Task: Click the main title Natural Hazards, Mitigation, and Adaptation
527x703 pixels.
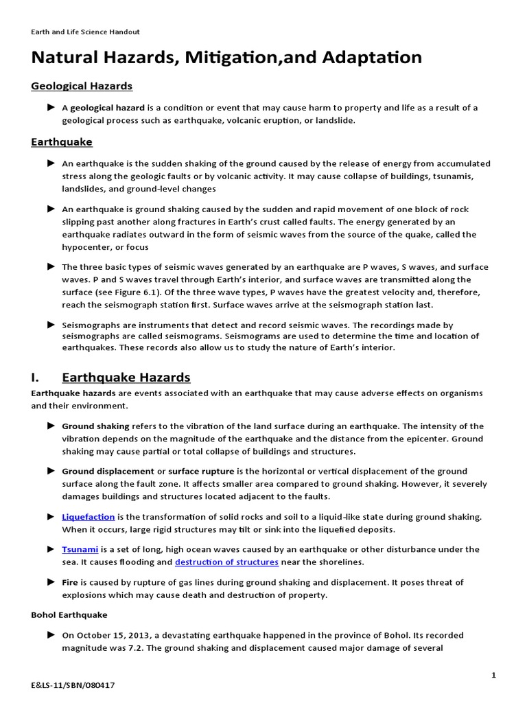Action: pos(226,58)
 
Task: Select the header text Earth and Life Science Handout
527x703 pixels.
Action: pos(85,32)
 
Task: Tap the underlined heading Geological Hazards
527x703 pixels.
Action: pos(82,86)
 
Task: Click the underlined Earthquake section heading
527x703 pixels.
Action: pos(62,142)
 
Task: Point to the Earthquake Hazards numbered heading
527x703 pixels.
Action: pos(126,378)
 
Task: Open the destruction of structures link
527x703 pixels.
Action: pos(226,562)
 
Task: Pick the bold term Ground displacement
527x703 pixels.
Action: pos(108,472)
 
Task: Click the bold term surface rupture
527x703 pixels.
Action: pos(201,472)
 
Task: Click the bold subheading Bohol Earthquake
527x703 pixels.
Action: pos(69,615)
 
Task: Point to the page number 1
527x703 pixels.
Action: pos(493,676)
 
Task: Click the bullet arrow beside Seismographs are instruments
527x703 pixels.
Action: pos(51,324)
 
